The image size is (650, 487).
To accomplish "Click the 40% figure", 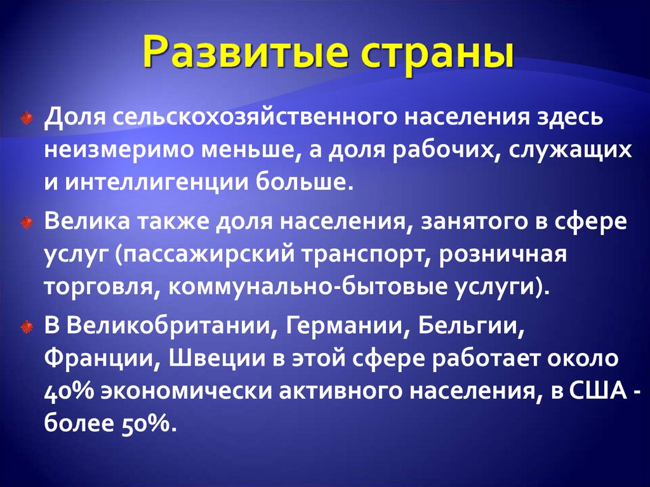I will pos(67,390).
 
